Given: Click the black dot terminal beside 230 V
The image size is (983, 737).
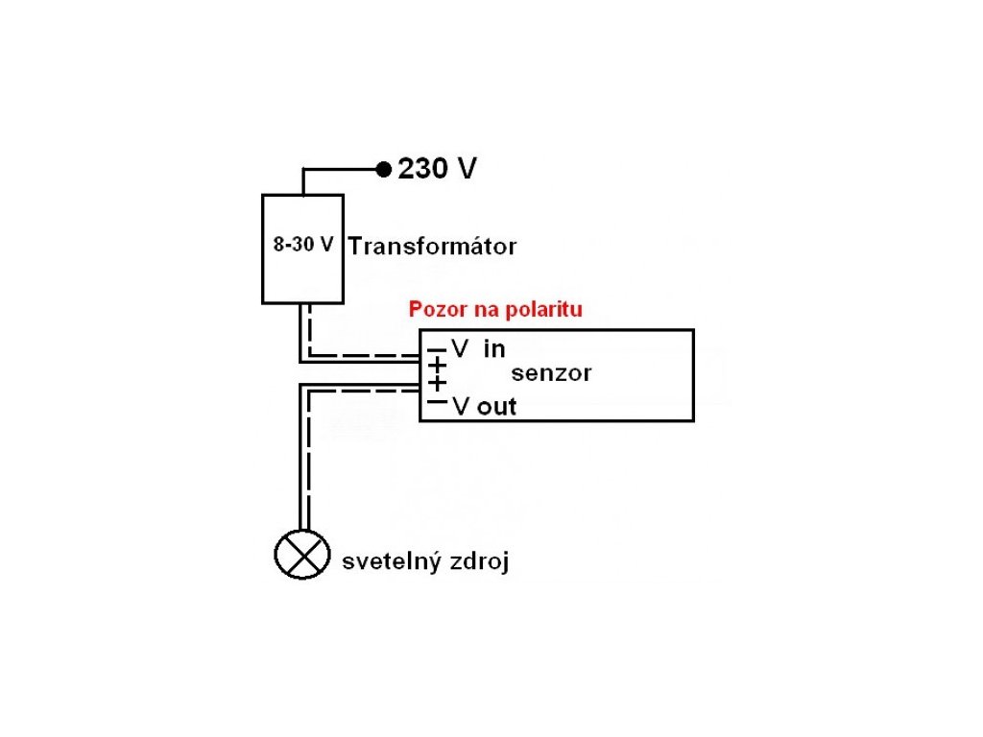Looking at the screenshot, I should coord(383,170).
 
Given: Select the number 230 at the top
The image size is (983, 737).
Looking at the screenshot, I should coord(422,170).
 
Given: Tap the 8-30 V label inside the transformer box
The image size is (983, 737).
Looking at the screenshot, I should coord(303,245).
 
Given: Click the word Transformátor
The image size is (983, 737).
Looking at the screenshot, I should coord(432,247).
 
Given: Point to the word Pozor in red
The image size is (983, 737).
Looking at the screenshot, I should coord(434,310).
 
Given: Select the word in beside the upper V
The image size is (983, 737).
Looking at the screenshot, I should coord(493,349).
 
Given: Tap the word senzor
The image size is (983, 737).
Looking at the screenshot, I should coord(551,373).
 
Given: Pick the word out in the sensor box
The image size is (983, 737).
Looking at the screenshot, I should coord(496,407).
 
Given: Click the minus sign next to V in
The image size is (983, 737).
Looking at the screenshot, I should coord(438,350).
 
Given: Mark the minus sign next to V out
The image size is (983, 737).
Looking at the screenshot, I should coord(438,403).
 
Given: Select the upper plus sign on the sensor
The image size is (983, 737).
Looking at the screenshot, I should coord(438,366).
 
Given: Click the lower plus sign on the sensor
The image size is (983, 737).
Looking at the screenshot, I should coord(438,383).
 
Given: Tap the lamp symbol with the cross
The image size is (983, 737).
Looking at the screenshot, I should coord(297,555).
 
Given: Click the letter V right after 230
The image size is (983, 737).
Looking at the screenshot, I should coord(467,170).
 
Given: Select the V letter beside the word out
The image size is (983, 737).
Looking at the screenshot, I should coord(461,407).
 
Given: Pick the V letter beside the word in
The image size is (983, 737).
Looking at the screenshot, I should coord(460,349).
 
